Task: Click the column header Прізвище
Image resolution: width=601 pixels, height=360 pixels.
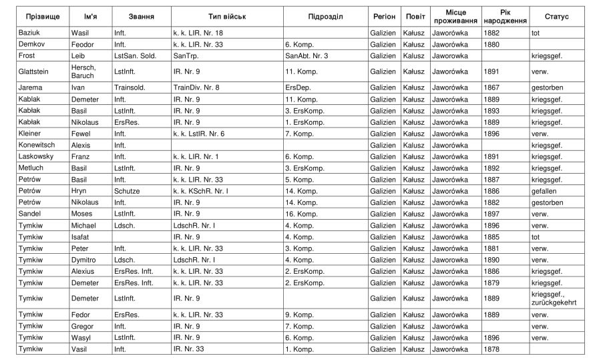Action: pos(41,16)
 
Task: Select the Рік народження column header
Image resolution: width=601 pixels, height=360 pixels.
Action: pos(504,16)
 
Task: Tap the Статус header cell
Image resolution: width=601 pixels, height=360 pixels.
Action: pos(556,16)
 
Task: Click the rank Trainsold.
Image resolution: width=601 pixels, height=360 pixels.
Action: pos(130,87)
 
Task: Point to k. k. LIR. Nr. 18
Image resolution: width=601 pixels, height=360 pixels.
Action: pos(201,32)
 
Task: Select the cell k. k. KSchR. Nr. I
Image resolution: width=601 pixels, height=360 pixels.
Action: pos(201,191)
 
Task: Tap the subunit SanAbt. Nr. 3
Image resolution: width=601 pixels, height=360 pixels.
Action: pos(307,55)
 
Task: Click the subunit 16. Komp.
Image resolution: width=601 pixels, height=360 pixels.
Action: pos(301,214)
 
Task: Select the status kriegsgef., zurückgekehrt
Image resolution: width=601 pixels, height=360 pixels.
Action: pos(554,298)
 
